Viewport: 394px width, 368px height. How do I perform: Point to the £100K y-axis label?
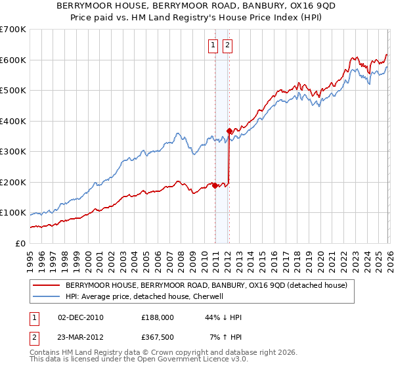point(13,212)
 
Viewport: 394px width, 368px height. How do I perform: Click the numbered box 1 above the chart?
point(214,45)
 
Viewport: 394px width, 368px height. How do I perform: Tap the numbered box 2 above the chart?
point(227,45)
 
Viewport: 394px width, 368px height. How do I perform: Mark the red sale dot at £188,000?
point(215,185)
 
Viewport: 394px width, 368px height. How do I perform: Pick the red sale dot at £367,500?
point(229,131)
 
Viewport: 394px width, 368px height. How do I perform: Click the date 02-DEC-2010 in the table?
point(81,317)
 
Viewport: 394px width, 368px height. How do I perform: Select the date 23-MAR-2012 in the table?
point(81,337)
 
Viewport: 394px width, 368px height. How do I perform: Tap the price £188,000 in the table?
point(158,317)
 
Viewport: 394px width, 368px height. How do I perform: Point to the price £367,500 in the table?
point(158,337)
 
